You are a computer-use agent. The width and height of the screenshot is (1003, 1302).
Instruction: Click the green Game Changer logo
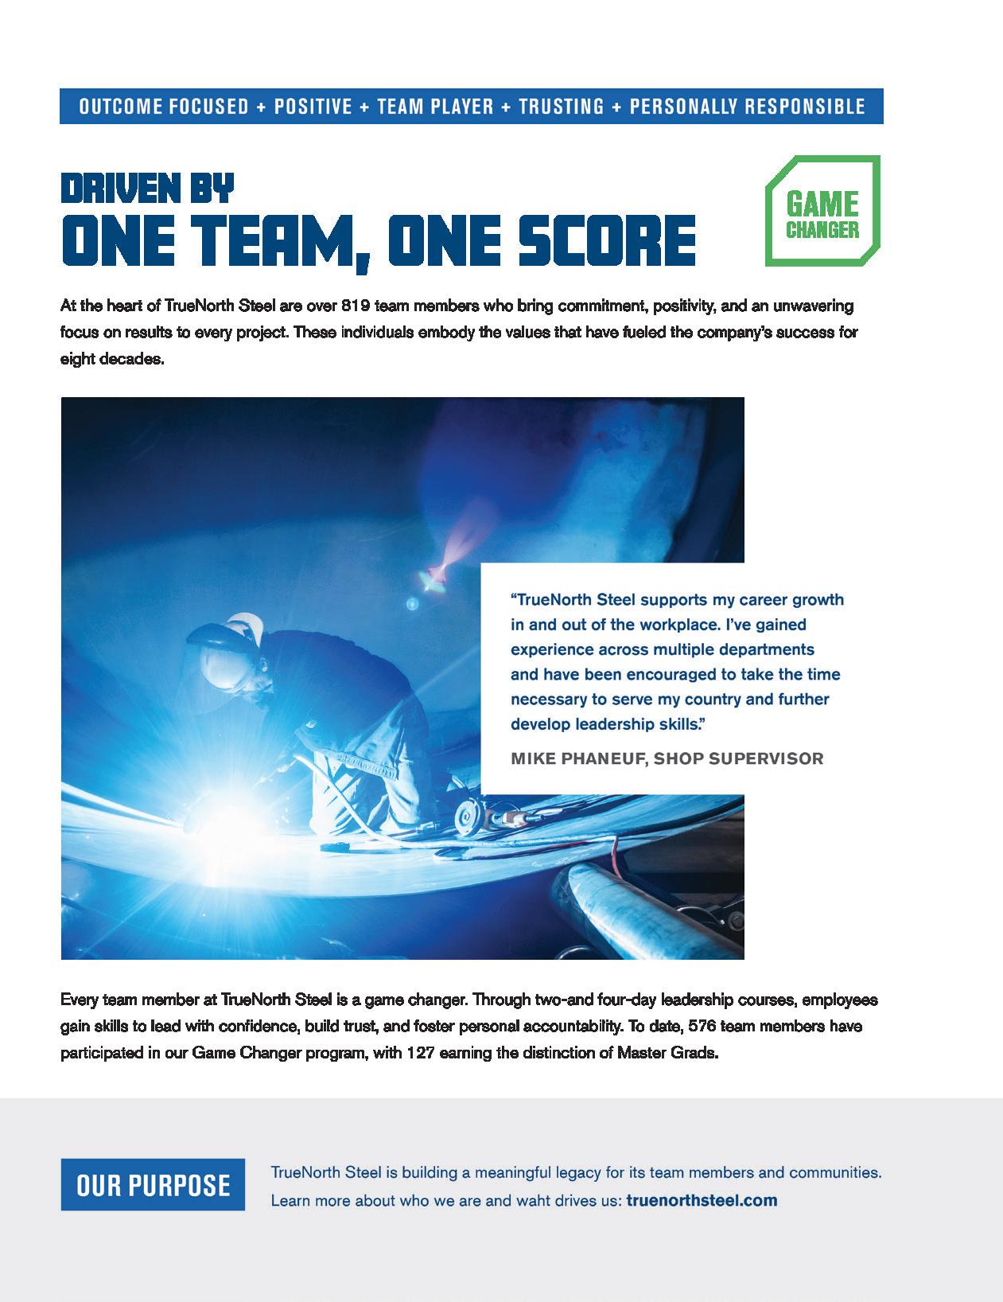(x=822, y=211)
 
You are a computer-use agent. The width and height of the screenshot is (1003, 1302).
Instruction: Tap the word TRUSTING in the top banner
(x=561, y=107)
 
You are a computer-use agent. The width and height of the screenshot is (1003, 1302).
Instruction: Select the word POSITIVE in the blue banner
(x=313, y=107)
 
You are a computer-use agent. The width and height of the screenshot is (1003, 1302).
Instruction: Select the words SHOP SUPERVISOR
(x=738, y=758)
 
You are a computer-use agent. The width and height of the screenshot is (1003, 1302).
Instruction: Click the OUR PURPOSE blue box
(x=153, y=1185)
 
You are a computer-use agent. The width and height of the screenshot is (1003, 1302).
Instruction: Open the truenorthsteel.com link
(x=702, y=1200)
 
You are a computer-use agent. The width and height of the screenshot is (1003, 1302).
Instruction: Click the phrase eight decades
(x=111, y=359)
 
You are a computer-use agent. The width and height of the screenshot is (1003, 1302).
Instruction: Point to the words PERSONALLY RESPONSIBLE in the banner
(x=747, y=107)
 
